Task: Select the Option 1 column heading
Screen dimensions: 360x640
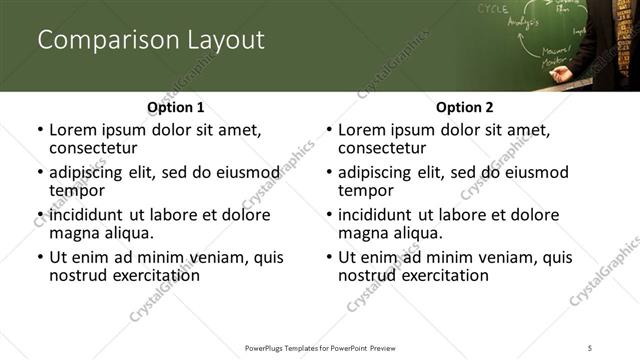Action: pyautogui.click(x=175, y=107)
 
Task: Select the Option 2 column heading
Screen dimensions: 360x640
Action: pyautogui.click(x=464, y=107)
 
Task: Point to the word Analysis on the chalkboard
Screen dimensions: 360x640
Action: pyautogui.click(x=522, y=20)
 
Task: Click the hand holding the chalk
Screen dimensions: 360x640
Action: pyautogui.click(x=562, y=73)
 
